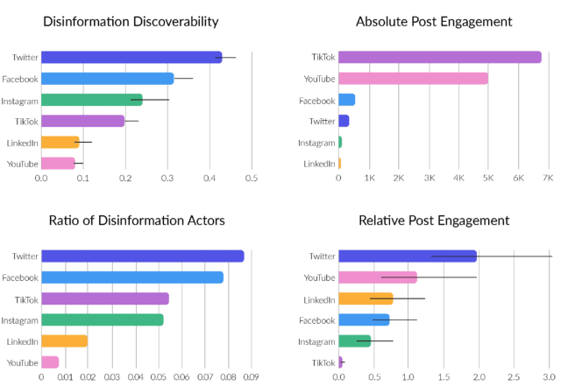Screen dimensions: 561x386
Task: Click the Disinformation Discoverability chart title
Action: coord(131,22)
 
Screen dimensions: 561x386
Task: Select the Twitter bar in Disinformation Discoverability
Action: coord(131,57)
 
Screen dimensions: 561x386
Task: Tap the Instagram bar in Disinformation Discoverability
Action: coord(92,100)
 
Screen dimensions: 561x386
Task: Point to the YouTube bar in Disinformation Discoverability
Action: coord(59,164)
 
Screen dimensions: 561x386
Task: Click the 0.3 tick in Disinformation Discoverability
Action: coord(167,178)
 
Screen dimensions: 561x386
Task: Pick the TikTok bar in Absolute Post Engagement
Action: coord(440,57)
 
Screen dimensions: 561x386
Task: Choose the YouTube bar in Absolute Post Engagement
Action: coord(413,78)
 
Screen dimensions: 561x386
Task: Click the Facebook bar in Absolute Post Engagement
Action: coord(347,100)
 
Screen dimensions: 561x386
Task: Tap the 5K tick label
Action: coord(488,178)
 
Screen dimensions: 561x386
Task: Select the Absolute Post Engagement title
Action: coord(434,22)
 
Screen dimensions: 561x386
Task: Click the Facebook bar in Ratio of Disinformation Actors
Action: coord(132,277)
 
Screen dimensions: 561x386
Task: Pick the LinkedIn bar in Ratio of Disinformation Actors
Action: coord(64,341)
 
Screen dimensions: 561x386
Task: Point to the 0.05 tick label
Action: coord(158,377)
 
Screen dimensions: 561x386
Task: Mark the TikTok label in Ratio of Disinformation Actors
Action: coord(26,300)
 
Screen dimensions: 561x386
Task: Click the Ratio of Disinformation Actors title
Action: coord(137,221)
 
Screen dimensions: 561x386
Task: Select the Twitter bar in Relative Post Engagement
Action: coord(408,256)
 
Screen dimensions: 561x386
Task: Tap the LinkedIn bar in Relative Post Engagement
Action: coord(366,298)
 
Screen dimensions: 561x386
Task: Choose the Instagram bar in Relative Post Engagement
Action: coord(355,341)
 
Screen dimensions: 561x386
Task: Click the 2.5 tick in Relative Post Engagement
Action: coord(514,377)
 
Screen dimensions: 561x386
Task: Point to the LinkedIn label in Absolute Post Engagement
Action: coord(319,164)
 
